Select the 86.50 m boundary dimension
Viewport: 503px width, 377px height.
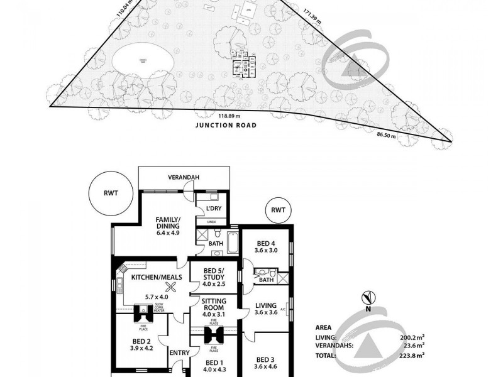[387, 135]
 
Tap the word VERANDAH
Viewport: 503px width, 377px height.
[184, 178]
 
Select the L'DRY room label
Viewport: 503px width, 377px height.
[212, 209]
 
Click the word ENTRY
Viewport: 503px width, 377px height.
[179, 353]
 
